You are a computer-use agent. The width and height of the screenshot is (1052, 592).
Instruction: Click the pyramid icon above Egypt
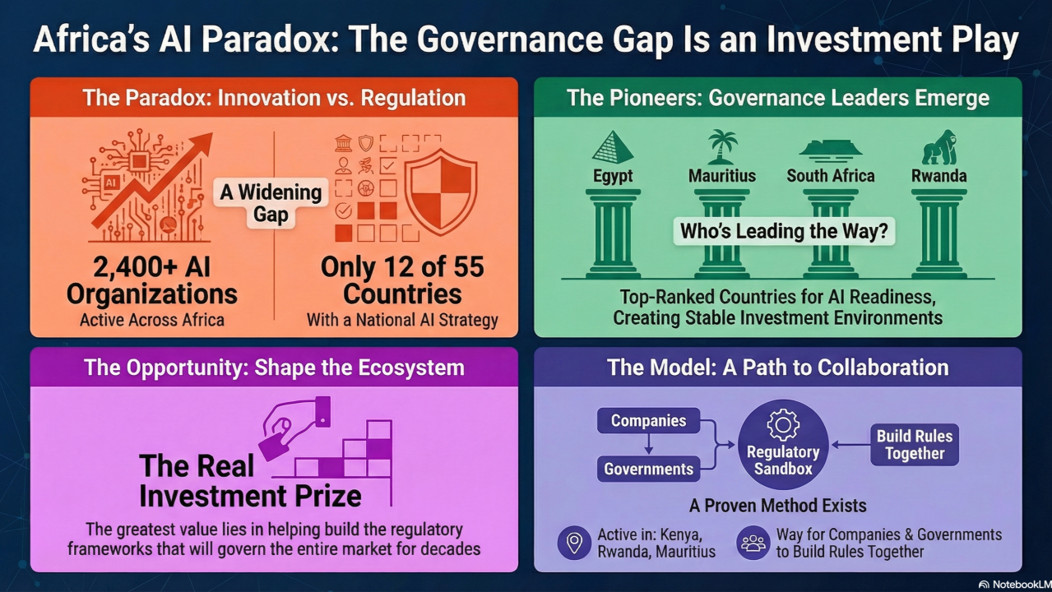tap(613, 147)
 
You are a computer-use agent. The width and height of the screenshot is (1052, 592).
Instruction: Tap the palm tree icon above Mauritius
tap(722, 146)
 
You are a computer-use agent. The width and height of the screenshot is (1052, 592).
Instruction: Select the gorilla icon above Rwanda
tap(938, 147)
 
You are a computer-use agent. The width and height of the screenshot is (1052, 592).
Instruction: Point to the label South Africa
tap(830, 176)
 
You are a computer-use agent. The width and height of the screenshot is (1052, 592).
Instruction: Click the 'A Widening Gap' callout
tap(271, 203)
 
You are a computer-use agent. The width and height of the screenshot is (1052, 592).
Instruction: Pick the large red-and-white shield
tap(441, 192)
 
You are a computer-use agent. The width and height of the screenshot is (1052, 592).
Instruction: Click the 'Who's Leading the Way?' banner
tap(784, 231)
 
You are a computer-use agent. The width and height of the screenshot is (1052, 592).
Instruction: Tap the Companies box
tap(649, 421)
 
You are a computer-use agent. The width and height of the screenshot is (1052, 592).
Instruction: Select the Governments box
tap(649, 469)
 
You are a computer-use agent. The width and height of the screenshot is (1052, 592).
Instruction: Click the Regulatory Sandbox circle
tap(783, 445)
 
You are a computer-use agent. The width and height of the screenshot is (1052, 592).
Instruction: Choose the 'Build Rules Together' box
tap(915, 445)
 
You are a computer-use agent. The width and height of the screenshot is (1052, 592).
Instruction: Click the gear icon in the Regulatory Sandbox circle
tap(783, 424)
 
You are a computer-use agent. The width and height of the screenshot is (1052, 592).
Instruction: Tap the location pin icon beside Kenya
tap(574, 543)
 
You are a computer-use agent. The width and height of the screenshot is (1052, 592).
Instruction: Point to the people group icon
tap(753, 543)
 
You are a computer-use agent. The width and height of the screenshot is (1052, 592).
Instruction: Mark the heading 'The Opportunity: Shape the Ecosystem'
tap(274, 368)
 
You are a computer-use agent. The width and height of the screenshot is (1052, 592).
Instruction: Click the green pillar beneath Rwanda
tap(938, 234)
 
